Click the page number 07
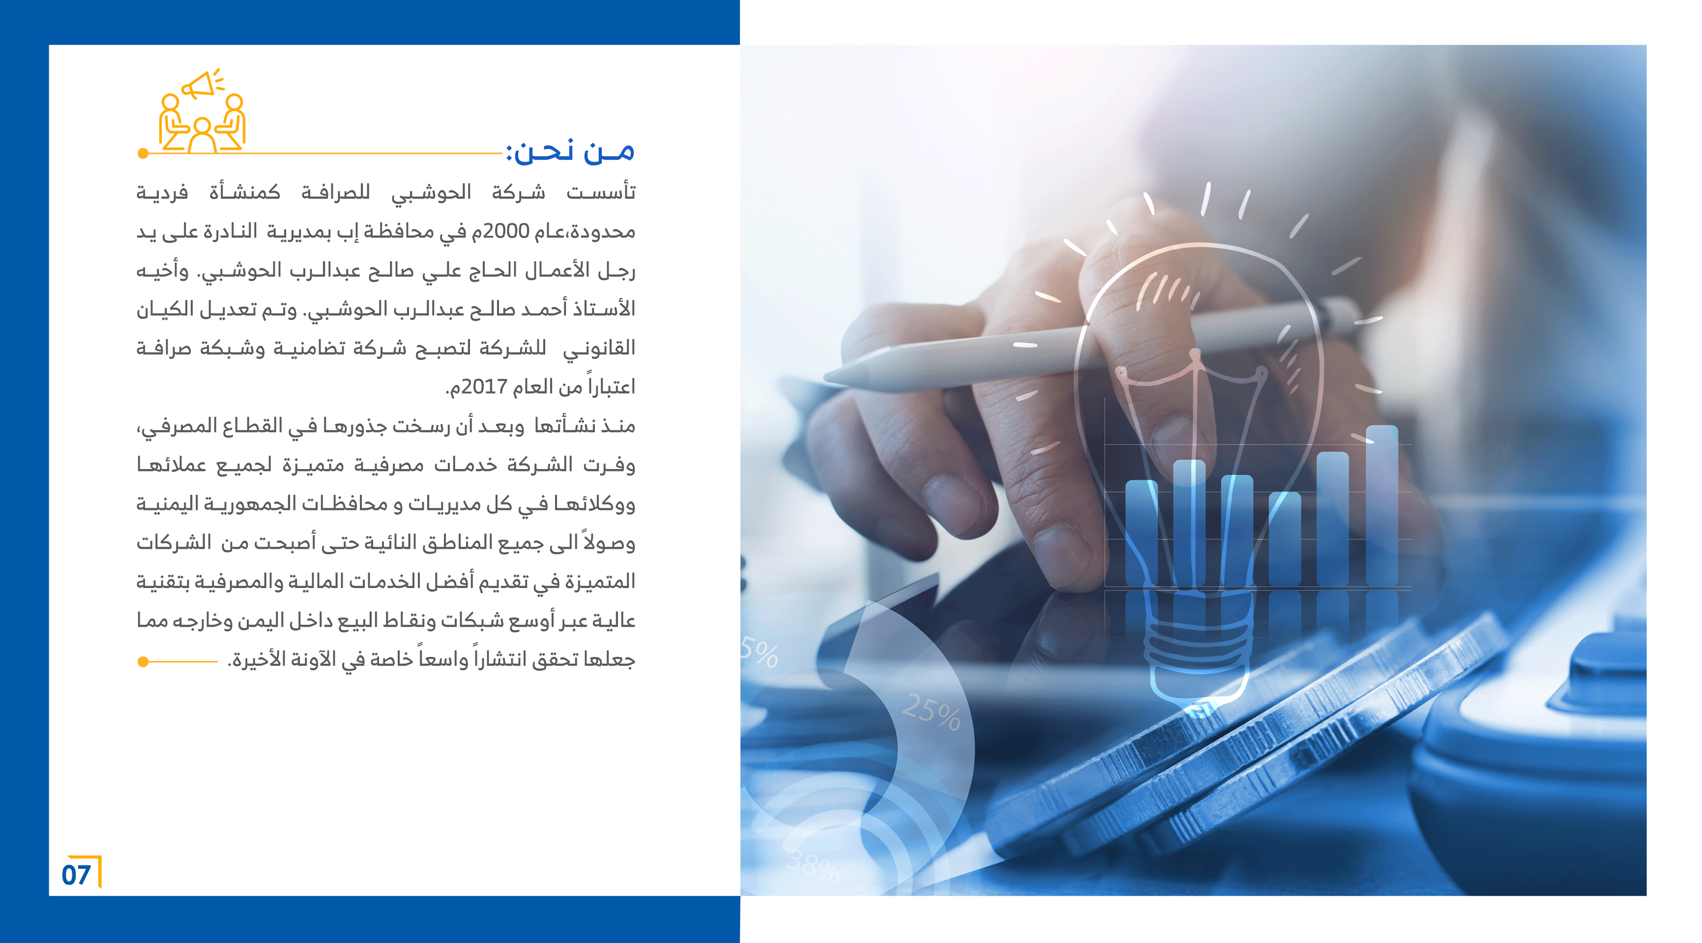coord(76,874)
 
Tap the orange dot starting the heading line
coord(143,154)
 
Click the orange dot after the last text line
coord(143,661)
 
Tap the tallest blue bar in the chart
coord(1382,505)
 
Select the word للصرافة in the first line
coord(336,192)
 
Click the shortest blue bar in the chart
coord(1285,538)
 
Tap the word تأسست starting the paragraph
coord(601,192)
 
